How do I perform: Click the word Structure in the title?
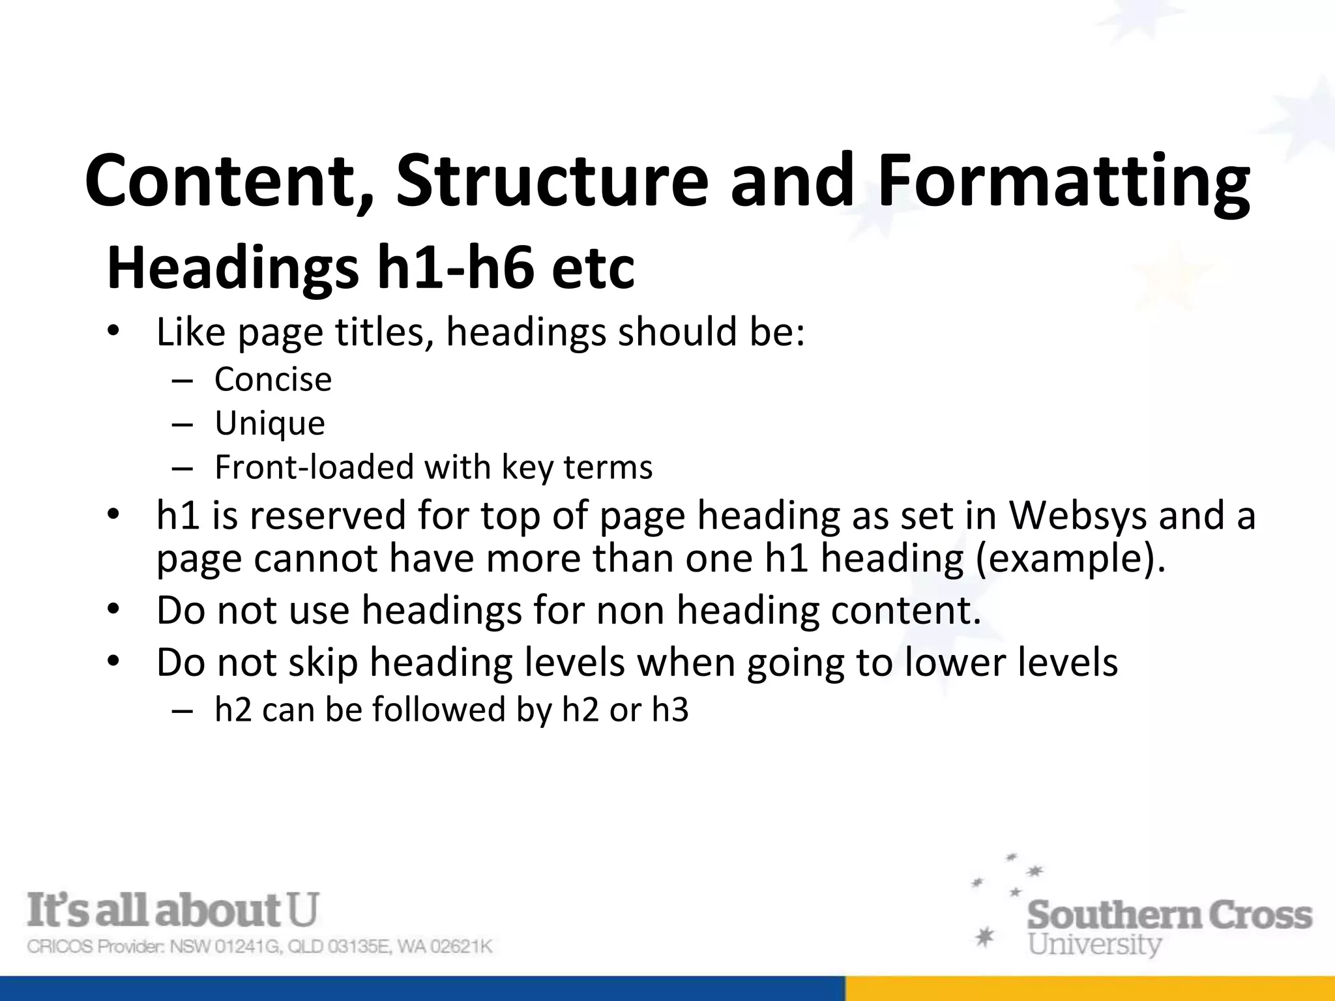coord(551,180)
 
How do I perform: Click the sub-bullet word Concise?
coord(273,379)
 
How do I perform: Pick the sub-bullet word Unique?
coord(270,424)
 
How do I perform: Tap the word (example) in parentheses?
coord(1070,559)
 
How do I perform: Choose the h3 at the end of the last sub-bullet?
coord(670,710)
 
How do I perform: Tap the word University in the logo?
coord(1094,944)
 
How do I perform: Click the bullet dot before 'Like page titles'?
coord(113,332)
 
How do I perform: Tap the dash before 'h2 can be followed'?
coord(183,710)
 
